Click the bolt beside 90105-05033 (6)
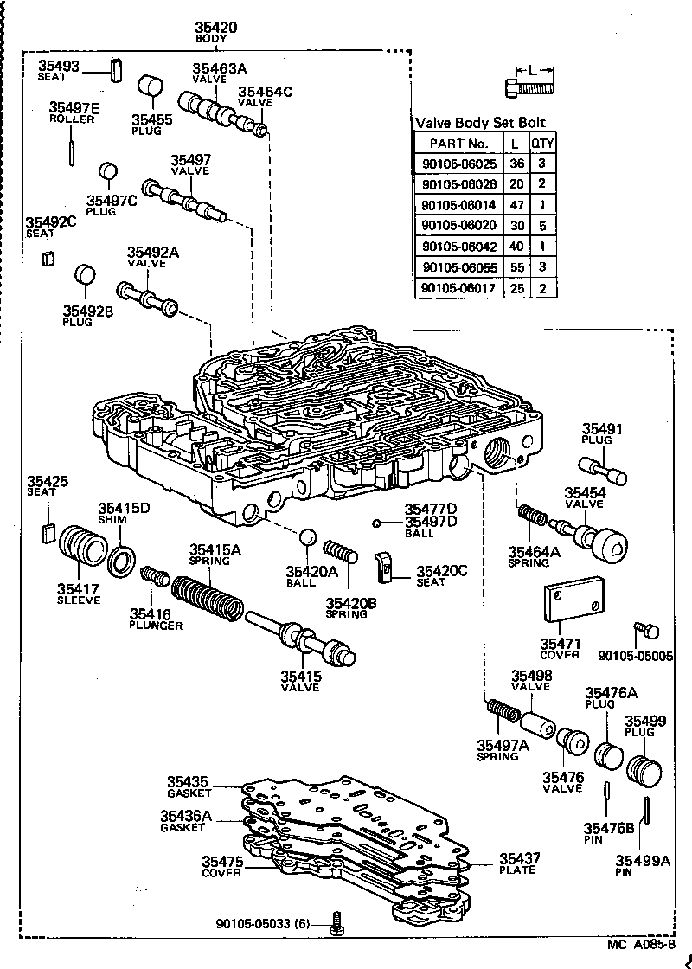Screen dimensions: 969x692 click(x=336, y=924)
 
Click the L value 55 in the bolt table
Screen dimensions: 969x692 click(x=515, y=267)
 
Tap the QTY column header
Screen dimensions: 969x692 click(x=542, y=143)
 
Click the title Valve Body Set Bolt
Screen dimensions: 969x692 click(x=481, y=123)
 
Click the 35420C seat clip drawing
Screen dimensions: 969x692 click(x=386, y=566)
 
